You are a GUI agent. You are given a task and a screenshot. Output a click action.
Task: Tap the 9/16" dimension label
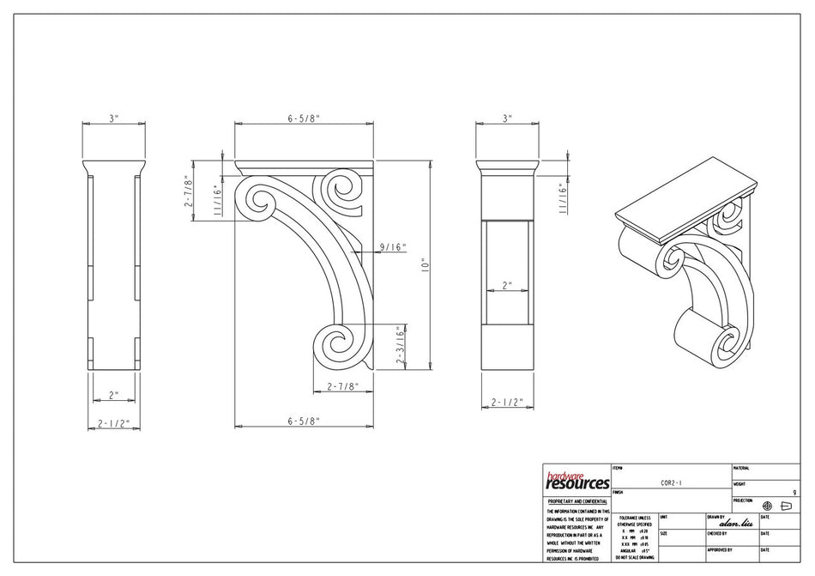(x=391, y=247)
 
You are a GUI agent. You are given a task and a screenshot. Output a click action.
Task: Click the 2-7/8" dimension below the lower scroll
(x=341, y=387)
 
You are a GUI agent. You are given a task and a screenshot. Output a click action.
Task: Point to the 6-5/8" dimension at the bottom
(x=303, y=421)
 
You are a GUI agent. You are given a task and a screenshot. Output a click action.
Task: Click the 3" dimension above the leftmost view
(x=112, y=119)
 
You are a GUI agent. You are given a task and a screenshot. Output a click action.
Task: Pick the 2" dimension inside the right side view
(x=507, y=286)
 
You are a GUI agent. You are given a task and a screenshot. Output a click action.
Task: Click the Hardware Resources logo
(x=577, y=479)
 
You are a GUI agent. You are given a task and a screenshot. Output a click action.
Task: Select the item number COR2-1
(x=671, y=482)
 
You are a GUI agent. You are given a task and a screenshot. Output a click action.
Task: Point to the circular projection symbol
(x=767, y=506)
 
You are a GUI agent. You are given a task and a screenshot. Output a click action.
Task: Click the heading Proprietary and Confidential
(x=577, y=500)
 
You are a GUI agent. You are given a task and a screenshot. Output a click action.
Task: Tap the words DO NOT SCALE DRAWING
(x=635, y=557)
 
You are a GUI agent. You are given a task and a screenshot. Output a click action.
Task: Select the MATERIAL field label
(x=742, y=468)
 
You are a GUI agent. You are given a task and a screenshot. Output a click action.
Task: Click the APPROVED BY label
(x=720, y=549)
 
